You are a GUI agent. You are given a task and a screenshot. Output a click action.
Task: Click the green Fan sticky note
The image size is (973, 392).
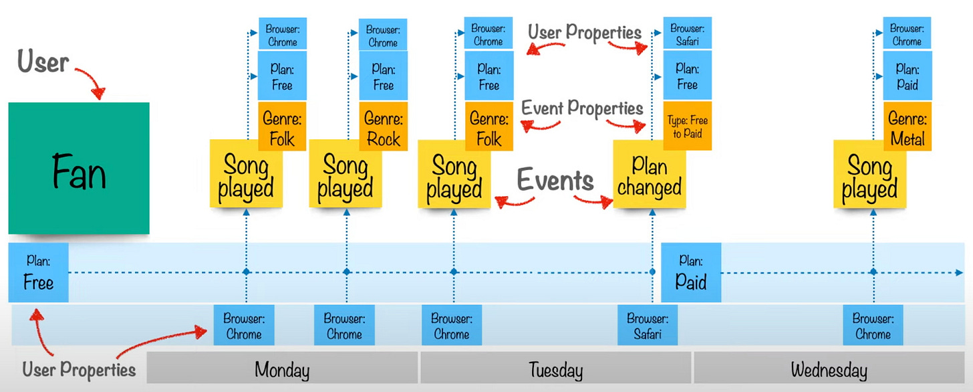coord(78,168)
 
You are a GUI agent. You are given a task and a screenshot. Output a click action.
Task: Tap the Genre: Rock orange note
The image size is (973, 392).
coord(383,128)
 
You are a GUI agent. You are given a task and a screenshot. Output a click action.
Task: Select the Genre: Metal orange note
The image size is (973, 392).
coord(907,128)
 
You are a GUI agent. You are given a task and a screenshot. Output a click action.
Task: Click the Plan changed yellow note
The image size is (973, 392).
coord(648,175)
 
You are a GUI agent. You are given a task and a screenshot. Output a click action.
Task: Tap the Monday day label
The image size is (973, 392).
coord(282,369)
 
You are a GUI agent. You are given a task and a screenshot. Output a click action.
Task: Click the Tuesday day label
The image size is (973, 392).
coord(555,369)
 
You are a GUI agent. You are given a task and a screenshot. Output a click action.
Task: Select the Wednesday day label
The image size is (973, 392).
coord(829,369)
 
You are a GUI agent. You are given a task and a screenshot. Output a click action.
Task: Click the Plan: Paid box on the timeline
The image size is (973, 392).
coord(691,272)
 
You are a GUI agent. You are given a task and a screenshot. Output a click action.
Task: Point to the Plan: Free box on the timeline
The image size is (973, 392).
coord(38,272)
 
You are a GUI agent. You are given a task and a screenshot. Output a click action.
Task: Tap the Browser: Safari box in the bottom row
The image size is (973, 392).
coord(648,326)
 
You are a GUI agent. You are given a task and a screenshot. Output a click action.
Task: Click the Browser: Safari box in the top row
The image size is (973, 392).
coord(688,35)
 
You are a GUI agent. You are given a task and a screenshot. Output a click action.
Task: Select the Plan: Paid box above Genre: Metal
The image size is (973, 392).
coord(907,77)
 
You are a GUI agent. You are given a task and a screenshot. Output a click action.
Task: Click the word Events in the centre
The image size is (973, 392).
coord(555,181)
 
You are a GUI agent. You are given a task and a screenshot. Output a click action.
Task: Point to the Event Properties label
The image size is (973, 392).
coord(582,108)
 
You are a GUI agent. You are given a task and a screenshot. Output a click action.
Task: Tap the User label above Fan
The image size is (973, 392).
coord(43,63)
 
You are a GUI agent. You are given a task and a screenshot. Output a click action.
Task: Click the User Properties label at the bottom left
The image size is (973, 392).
coord(79,369)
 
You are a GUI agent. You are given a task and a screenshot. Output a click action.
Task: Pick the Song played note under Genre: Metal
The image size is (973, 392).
coord(869,177)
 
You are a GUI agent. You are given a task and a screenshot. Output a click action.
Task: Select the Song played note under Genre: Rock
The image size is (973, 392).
coord(345,177)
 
